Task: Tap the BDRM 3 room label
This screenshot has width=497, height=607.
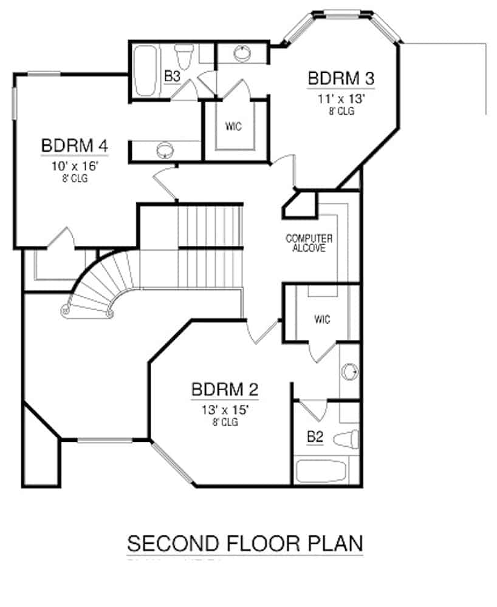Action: tap(340, 79)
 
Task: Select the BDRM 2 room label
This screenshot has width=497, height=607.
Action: tap(225, 388)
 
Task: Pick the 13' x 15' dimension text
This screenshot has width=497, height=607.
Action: tap(225, 410)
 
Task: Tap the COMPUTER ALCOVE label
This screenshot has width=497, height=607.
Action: tap(309, 243)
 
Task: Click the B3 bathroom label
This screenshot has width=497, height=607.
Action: tap(172, 77)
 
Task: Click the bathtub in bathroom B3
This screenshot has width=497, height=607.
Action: tap(146, 72)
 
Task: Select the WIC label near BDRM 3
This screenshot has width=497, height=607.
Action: tap(233, 127)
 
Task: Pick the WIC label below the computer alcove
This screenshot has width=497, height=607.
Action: tap(322, 319)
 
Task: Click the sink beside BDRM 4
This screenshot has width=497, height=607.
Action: tap(165, 149)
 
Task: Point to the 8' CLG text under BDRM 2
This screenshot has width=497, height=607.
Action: tap(225, 422)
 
